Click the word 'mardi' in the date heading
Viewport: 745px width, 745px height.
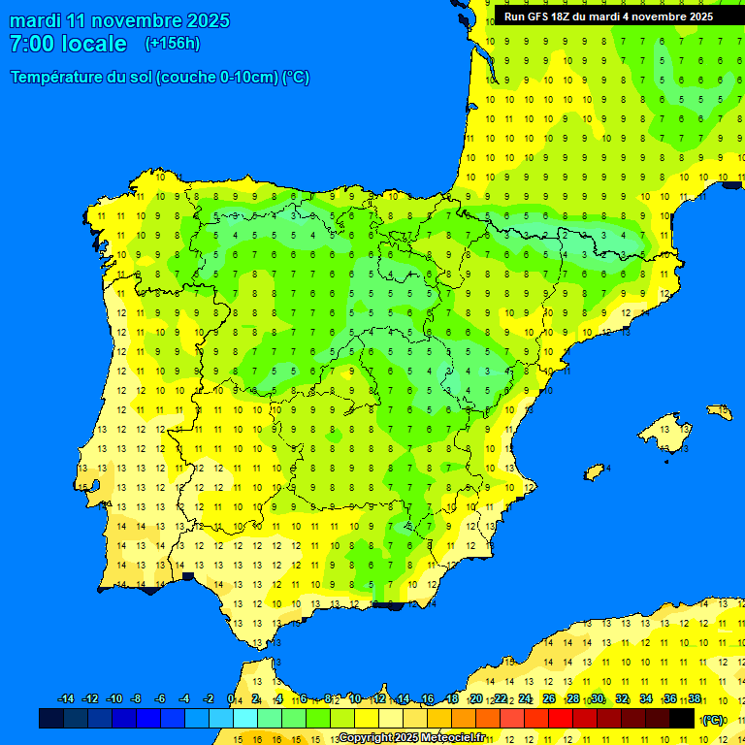pos(35,20)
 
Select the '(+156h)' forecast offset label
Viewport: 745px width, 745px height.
pos(172,44)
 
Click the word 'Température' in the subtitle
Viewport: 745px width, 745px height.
pos(58,78)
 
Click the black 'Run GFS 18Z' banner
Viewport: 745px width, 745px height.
pos(608,16)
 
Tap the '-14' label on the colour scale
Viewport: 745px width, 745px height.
pos(66,699)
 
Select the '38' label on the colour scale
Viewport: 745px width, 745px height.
pos(694,699)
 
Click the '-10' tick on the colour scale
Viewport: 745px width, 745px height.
pos(113,699)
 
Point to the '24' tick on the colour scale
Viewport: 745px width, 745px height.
pos(525,699)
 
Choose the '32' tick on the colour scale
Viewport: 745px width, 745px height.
pos(622,699)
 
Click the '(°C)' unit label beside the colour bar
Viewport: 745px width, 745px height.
pos(713,720)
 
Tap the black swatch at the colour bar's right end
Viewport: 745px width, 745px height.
pos(682,718)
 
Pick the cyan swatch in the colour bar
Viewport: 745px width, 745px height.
pos(245,718)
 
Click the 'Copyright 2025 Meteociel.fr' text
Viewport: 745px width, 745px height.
pos(412,738)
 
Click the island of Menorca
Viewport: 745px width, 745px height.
pos(719,411)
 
